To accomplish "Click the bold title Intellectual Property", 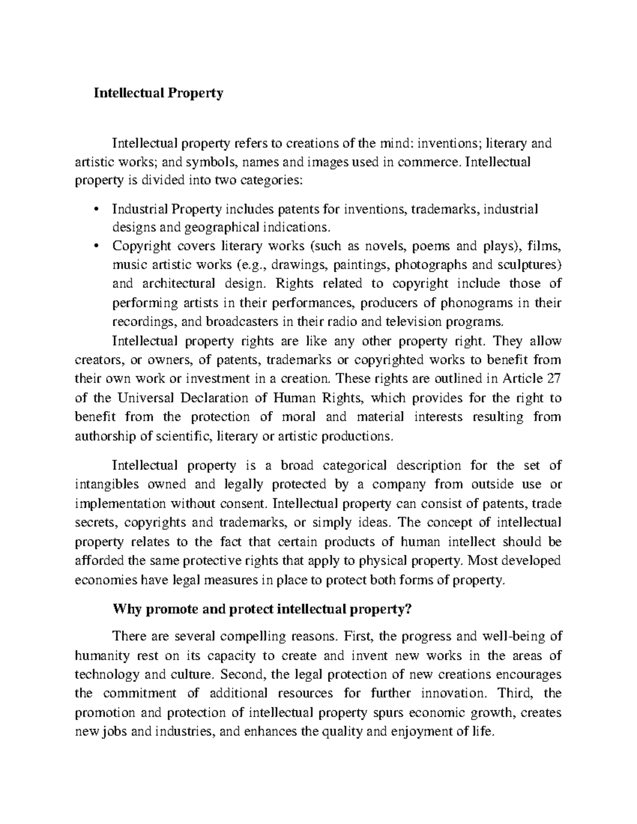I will click(158, 93).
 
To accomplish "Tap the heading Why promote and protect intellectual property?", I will click(262, 610).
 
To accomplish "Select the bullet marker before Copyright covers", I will click(96, 246).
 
